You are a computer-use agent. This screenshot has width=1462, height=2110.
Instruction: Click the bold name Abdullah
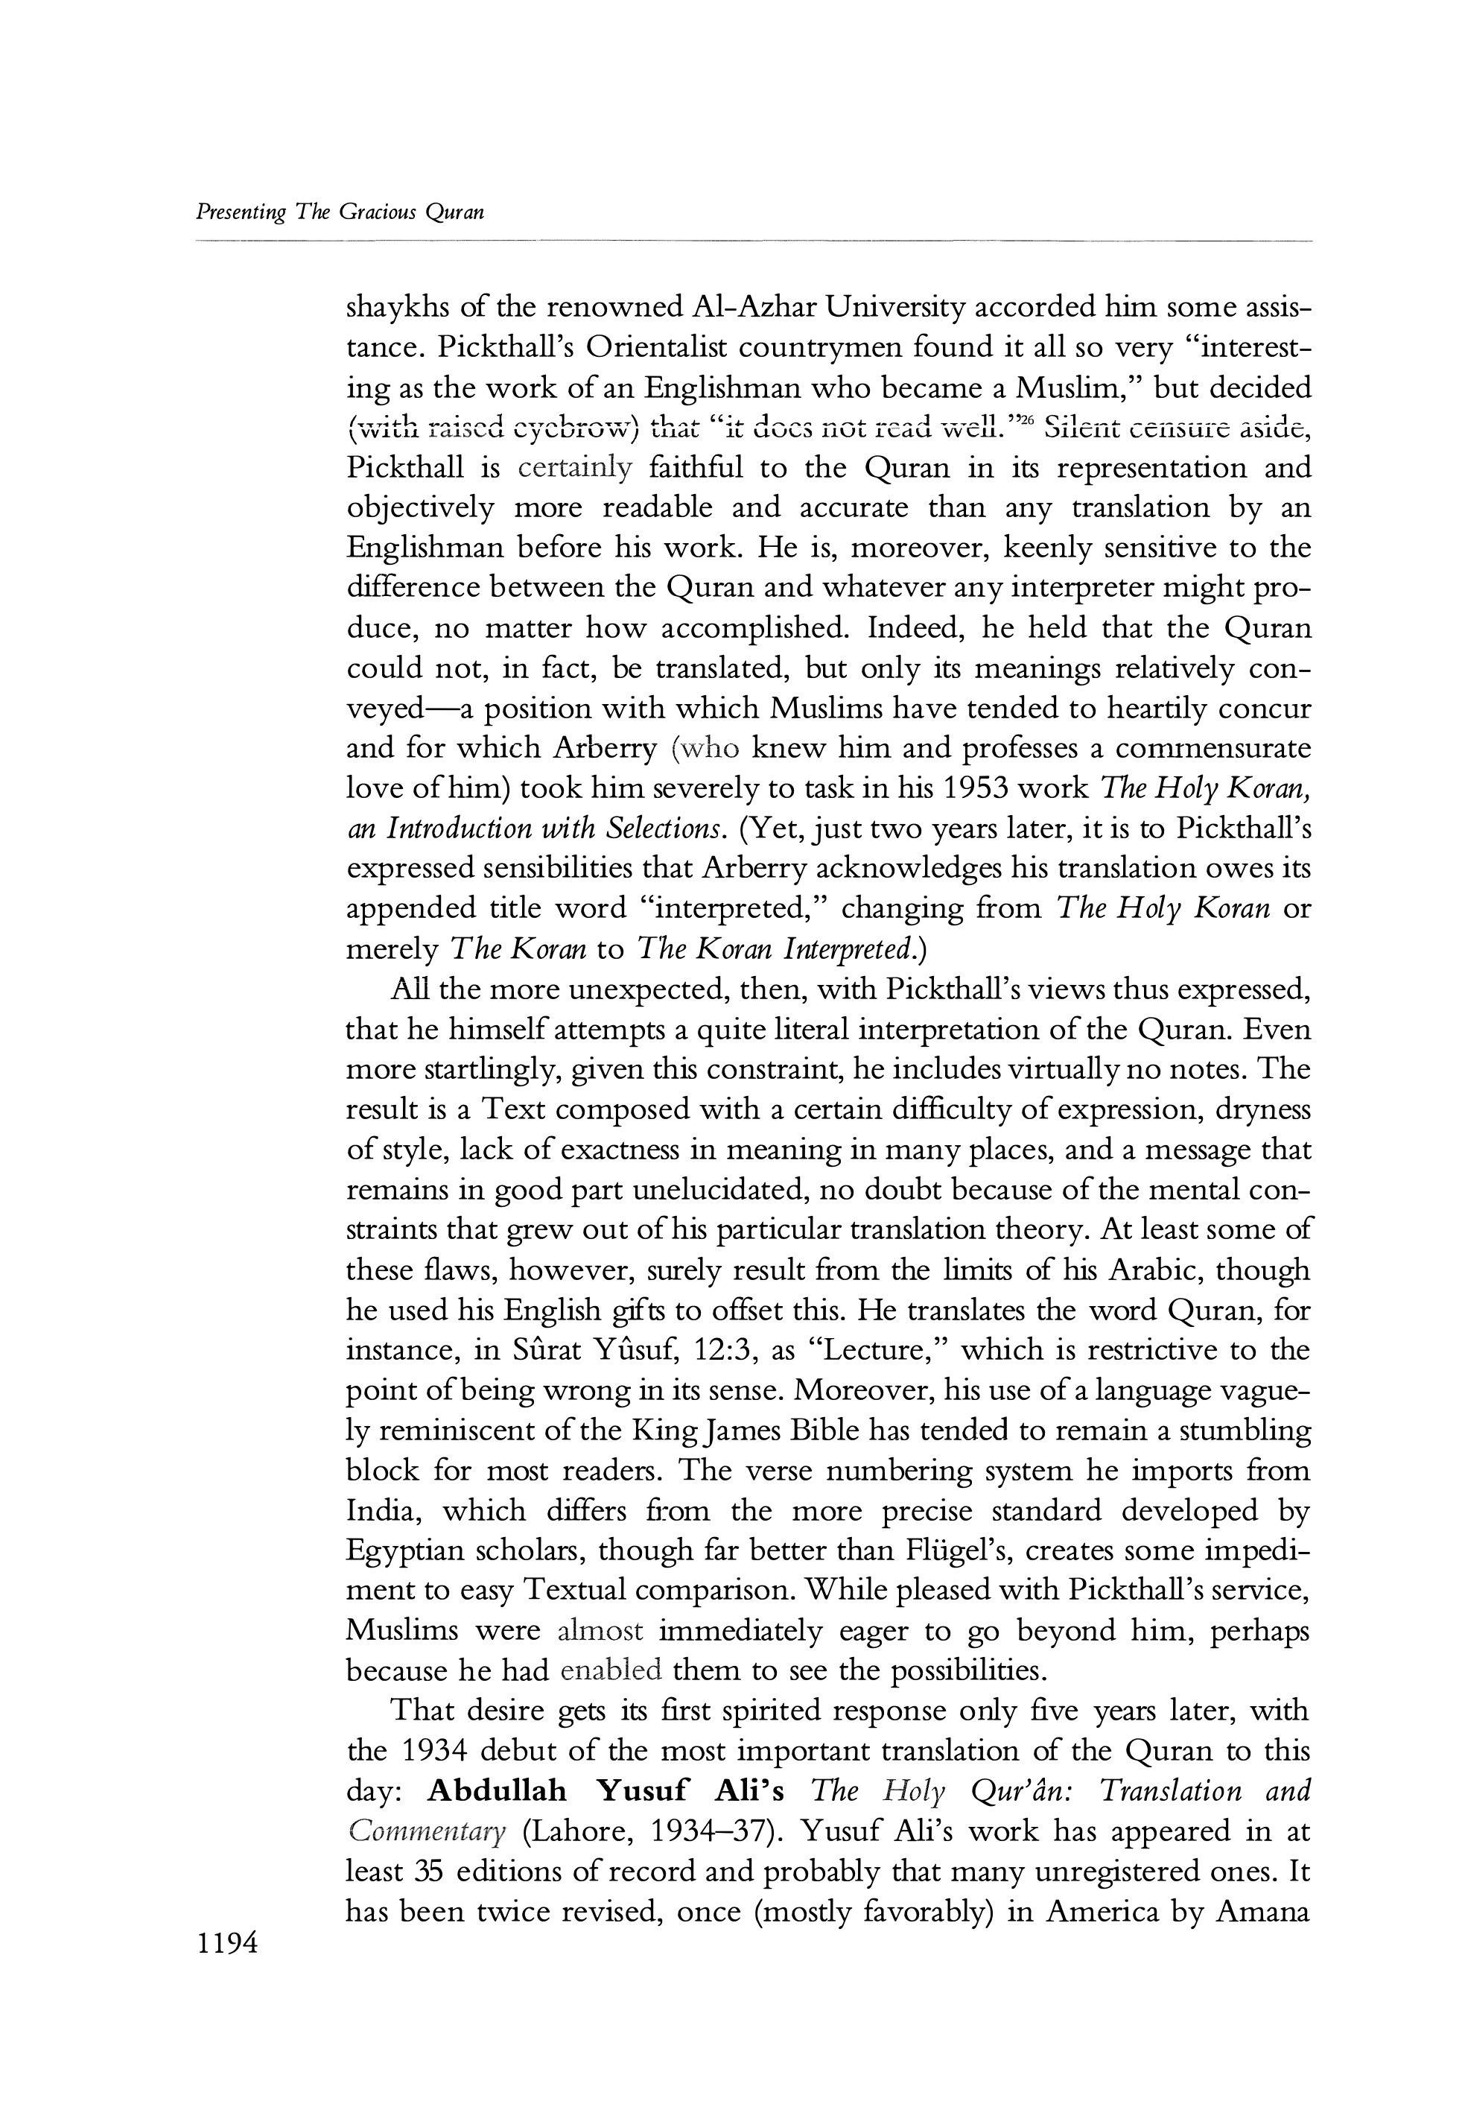[498, 1791]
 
